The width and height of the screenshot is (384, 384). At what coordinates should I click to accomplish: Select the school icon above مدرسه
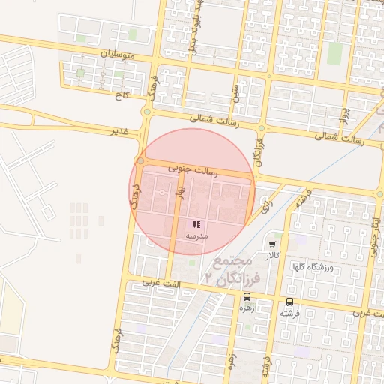(x=196, y=225)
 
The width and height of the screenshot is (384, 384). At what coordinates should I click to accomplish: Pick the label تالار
(x=271, y=255)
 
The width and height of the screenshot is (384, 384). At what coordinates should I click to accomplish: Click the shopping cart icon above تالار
(x=271, y=244)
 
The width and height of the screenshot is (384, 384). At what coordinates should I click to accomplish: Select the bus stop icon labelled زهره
(x=247, y=297)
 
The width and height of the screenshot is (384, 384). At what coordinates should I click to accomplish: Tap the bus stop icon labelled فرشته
(x=290, y=301)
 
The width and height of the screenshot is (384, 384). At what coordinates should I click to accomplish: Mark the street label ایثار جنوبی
(x=373, y=229)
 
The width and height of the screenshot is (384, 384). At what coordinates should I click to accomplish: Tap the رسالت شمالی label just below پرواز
(x=339, y=139)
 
